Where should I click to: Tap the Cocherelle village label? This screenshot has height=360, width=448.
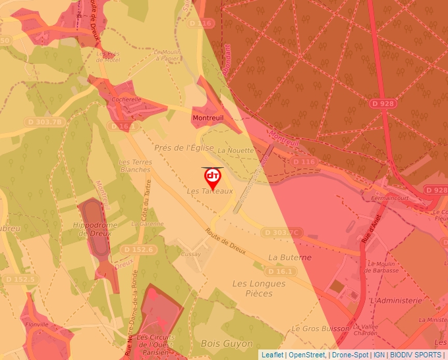[126, 99]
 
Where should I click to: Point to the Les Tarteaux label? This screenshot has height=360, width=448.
[210, 191]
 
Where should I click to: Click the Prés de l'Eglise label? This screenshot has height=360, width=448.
[184, 147]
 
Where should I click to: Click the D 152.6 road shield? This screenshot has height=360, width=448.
[138, 249]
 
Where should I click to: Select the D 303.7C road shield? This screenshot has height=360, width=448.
[282, 232]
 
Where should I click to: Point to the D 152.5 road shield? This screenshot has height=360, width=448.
[19, 279]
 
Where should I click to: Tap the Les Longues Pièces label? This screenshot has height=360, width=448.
[259, 289]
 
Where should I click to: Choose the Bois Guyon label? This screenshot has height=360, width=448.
[226, 344]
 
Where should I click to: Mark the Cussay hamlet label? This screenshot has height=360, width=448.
[190, 253]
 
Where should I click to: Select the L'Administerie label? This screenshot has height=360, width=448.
[395, 300]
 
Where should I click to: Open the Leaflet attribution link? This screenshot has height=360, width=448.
[271, 355]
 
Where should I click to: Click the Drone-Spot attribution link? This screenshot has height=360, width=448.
[349, 355]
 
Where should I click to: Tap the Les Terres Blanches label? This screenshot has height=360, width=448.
[134, 165]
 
